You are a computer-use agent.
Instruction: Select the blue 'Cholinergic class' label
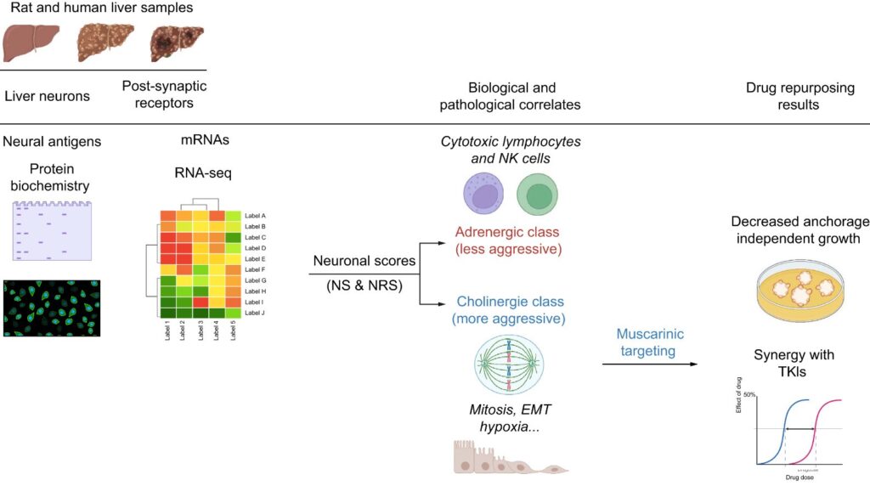(510, 302)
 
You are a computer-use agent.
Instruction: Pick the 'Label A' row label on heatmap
(255, 216)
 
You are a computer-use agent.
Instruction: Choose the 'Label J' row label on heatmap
(255, 313)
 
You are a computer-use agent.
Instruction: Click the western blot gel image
(52, 230)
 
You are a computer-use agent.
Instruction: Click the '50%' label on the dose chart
(749, 395)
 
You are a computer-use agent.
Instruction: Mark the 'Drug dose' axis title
(798, 478)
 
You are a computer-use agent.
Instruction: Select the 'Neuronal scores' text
(364, 261)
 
